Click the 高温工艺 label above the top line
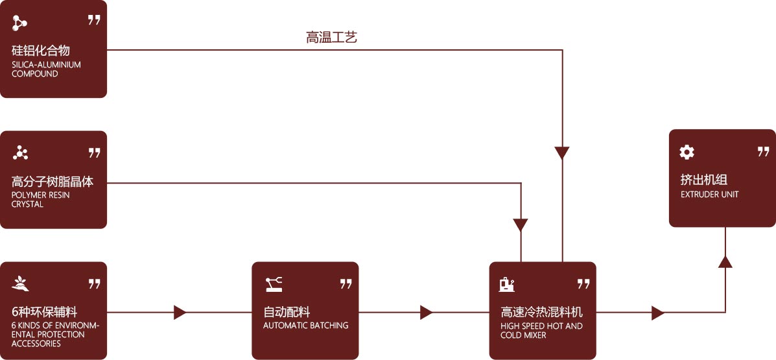coord(331,38)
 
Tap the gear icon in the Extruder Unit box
coord(687,152)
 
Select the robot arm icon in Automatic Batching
coord(274,283)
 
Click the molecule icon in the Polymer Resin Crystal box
coord(20,153)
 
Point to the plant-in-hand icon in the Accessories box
coord(20,283)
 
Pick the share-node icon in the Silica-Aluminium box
coord(20,23)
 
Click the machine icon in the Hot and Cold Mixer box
coord(507,283)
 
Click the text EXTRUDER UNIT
coord(709,195)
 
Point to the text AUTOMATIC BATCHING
coord(305,326)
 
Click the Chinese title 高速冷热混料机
coord(541,312)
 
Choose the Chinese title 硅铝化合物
coord(40,51)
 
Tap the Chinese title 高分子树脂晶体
coord(53,182)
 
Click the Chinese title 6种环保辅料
coord(44,312)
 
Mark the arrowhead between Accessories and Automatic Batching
coord(180,313)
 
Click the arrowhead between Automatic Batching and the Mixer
coord(426,313)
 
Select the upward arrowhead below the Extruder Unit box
coord(725,261)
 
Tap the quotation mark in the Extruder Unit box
coord(763,152)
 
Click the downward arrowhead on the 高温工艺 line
coord(562,153)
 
